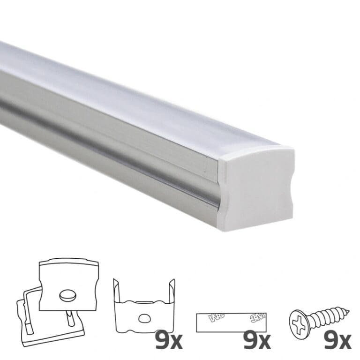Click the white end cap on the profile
click(x=258, y=188)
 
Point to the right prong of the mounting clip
click(x=172, y=291)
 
